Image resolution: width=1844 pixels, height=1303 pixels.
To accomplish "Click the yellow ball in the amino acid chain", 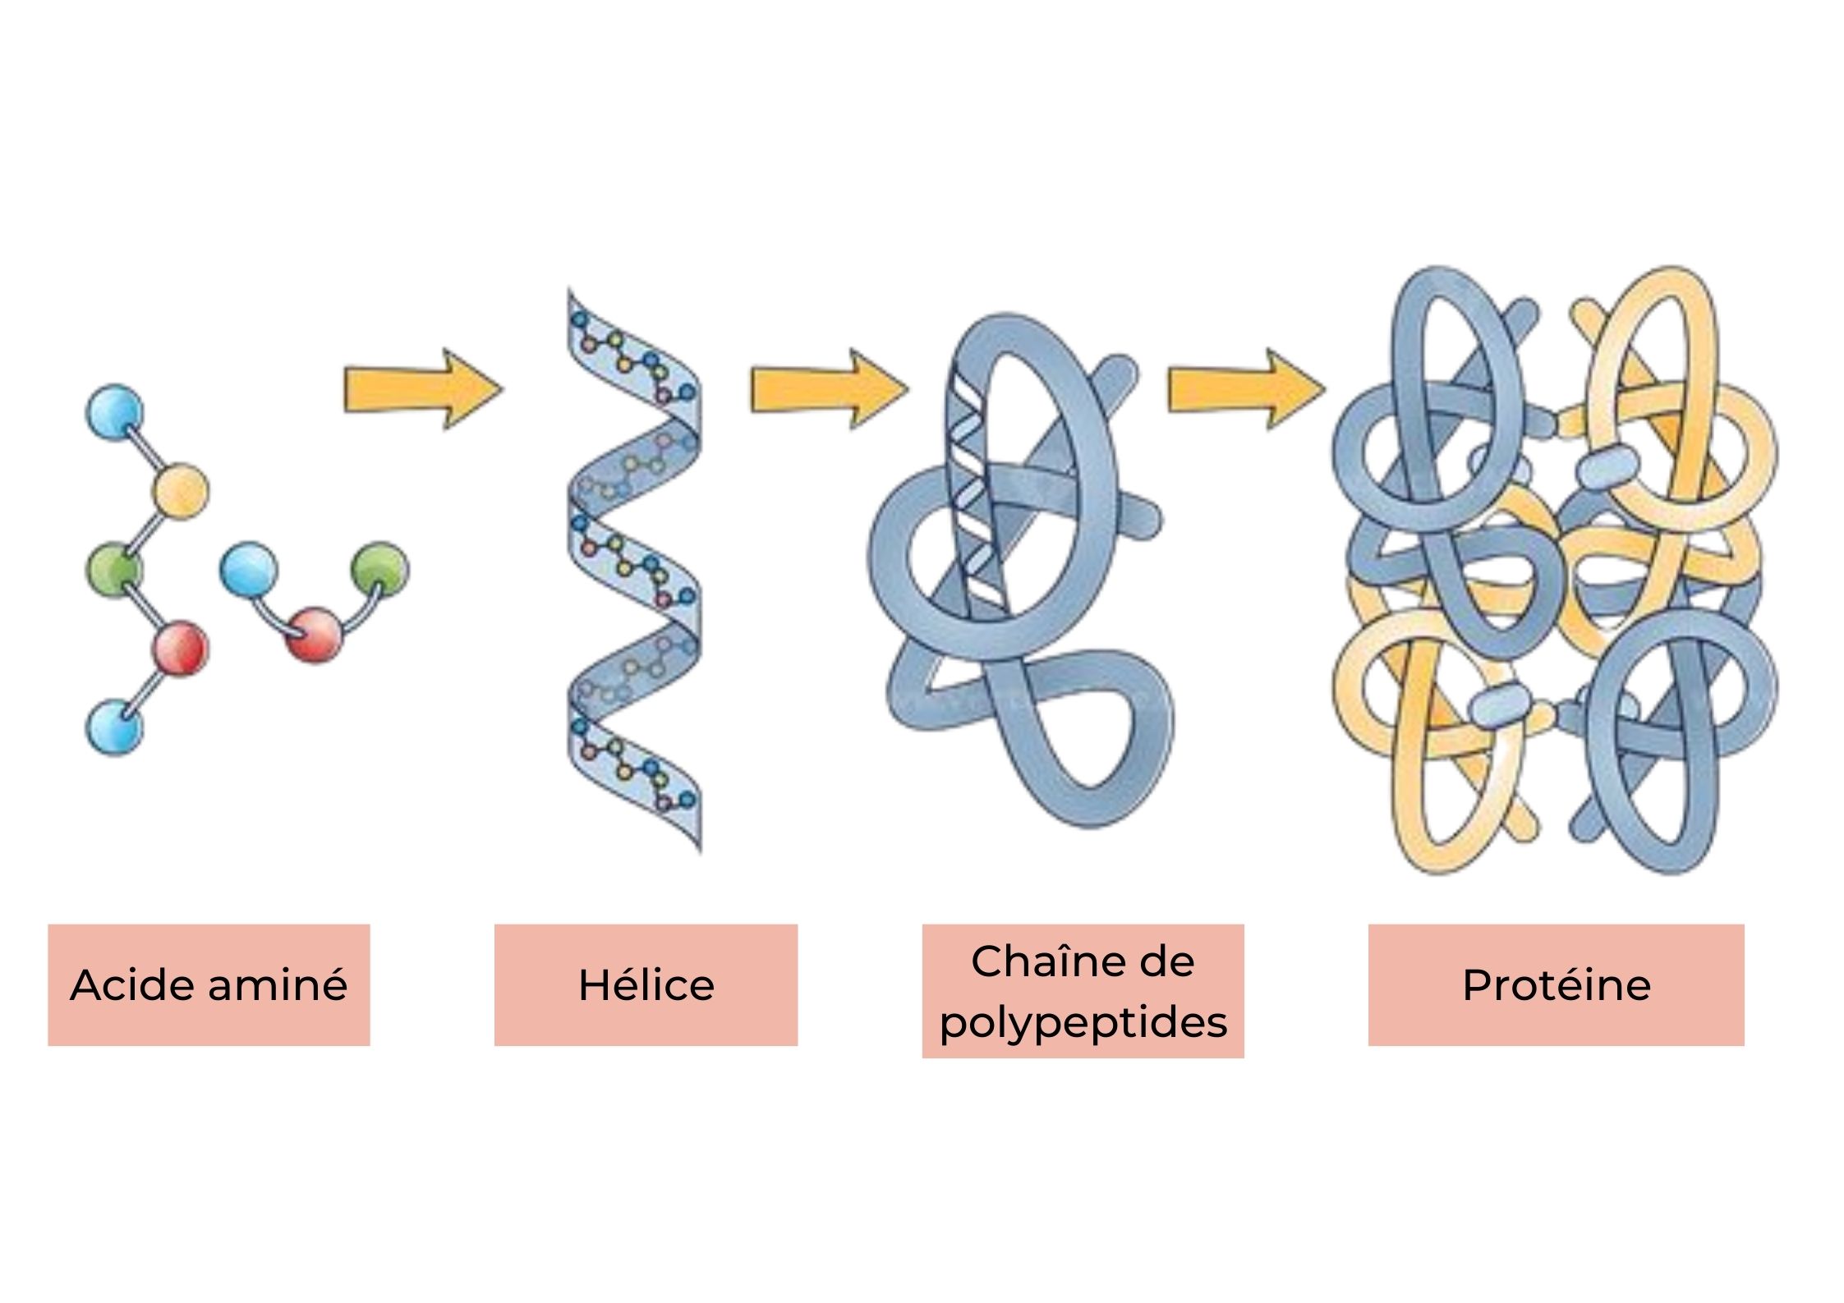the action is [x=181, y=491].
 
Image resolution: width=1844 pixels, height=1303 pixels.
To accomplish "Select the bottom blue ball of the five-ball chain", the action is [x=113, y=727].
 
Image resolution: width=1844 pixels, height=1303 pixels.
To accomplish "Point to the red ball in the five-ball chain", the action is [x=181, y=649].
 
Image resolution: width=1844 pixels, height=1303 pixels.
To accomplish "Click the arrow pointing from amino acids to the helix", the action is [x=422, y=388].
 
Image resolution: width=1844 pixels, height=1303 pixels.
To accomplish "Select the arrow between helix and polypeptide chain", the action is [x=829, y=388].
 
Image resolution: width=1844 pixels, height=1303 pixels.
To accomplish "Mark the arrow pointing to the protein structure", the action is [x=1247, y=388].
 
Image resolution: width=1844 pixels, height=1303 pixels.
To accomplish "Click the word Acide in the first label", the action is [x=133, y=984].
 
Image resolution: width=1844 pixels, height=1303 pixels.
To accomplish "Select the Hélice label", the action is [x=646, y=984].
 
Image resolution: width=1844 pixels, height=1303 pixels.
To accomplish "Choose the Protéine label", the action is [x=1556, y=984].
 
